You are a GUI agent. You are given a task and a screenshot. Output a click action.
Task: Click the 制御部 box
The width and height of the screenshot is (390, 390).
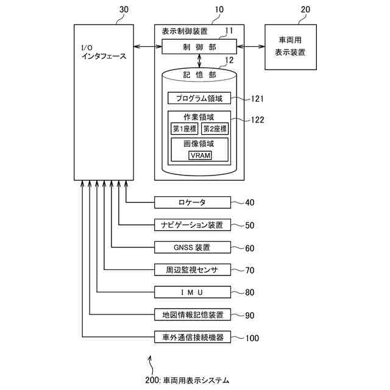[198, 47]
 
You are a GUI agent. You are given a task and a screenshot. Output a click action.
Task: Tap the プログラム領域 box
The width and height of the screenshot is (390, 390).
[199, 98]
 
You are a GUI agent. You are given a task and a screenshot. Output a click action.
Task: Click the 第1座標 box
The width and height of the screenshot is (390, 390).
[184, 129]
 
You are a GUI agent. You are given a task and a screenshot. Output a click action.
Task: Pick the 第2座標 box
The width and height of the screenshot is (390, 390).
[214, 129]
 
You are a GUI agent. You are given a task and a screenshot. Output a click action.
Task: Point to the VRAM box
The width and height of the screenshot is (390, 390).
[200, 155]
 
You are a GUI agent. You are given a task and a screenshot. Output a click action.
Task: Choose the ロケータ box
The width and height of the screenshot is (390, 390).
[193, 202]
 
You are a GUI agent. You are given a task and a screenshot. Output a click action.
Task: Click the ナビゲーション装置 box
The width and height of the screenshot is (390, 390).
[193, 225]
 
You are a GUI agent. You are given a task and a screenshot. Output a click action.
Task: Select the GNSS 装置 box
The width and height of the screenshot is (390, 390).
[193, 247]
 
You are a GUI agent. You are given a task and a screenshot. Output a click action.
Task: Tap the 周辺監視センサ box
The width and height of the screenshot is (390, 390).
[193, 270]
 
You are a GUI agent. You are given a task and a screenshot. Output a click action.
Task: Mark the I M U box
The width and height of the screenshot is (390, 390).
[193, 292]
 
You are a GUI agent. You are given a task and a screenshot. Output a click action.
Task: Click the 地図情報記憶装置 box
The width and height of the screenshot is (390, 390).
[193, 315]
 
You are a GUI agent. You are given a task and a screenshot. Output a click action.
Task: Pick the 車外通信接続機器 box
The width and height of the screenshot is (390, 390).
[193, 338]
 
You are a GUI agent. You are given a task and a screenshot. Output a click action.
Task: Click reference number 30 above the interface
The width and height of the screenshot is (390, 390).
[124, 10]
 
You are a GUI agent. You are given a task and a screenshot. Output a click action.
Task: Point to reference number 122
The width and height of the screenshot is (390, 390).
[257, 119]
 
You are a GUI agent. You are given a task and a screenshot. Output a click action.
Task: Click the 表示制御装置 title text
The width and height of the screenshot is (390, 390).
[185, 31]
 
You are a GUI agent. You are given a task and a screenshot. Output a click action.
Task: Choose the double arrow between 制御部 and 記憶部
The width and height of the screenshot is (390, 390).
[199, 61]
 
